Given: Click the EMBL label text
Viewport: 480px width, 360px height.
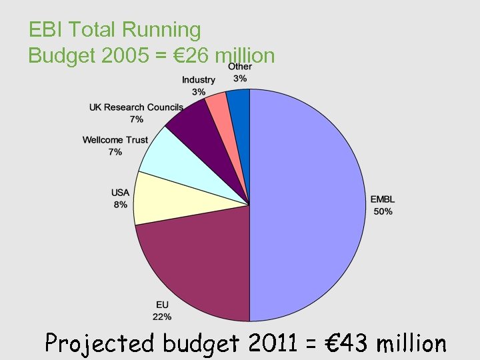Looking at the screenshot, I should click(x=383, y=200).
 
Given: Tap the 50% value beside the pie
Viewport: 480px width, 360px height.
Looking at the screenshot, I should click(x=383, y=211).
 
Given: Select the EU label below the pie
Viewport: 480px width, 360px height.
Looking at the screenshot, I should click(x=162, y=305).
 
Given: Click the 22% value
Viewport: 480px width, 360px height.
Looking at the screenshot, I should click(x=162, y=317).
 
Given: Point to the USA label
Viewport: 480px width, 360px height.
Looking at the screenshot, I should click(x=120, y=193).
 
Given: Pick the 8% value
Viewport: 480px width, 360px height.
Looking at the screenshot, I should click(x=120, y=205).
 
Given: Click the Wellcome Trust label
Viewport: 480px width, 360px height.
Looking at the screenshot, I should click(x=115, y=140).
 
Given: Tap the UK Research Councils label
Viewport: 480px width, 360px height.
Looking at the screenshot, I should click(x=136, y=107).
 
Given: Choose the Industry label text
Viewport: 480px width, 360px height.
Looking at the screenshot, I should click(x=199, y=80).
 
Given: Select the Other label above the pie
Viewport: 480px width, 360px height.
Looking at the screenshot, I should click(x=240, y=67).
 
